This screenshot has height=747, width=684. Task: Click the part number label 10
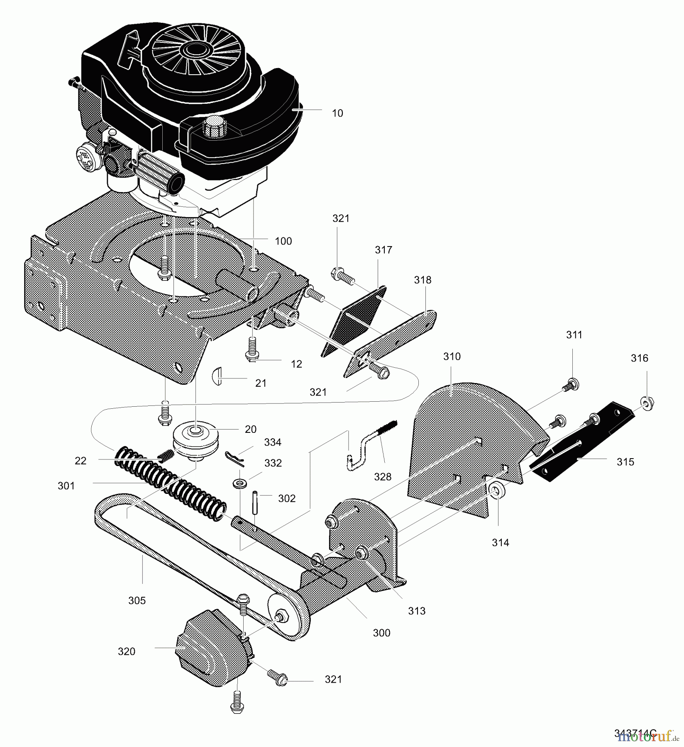(337, 113)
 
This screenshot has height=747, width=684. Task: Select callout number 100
(283, 241)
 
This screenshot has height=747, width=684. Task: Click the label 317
(383, 250)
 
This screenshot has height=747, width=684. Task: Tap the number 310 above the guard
(452, 356)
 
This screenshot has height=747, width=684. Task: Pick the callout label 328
(382, 477)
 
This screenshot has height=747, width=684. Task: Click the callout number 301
(66, 486)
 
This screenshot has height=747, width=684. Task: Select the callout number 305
(137, 601)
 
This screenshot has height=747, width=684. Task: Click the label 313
(416, 611)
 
